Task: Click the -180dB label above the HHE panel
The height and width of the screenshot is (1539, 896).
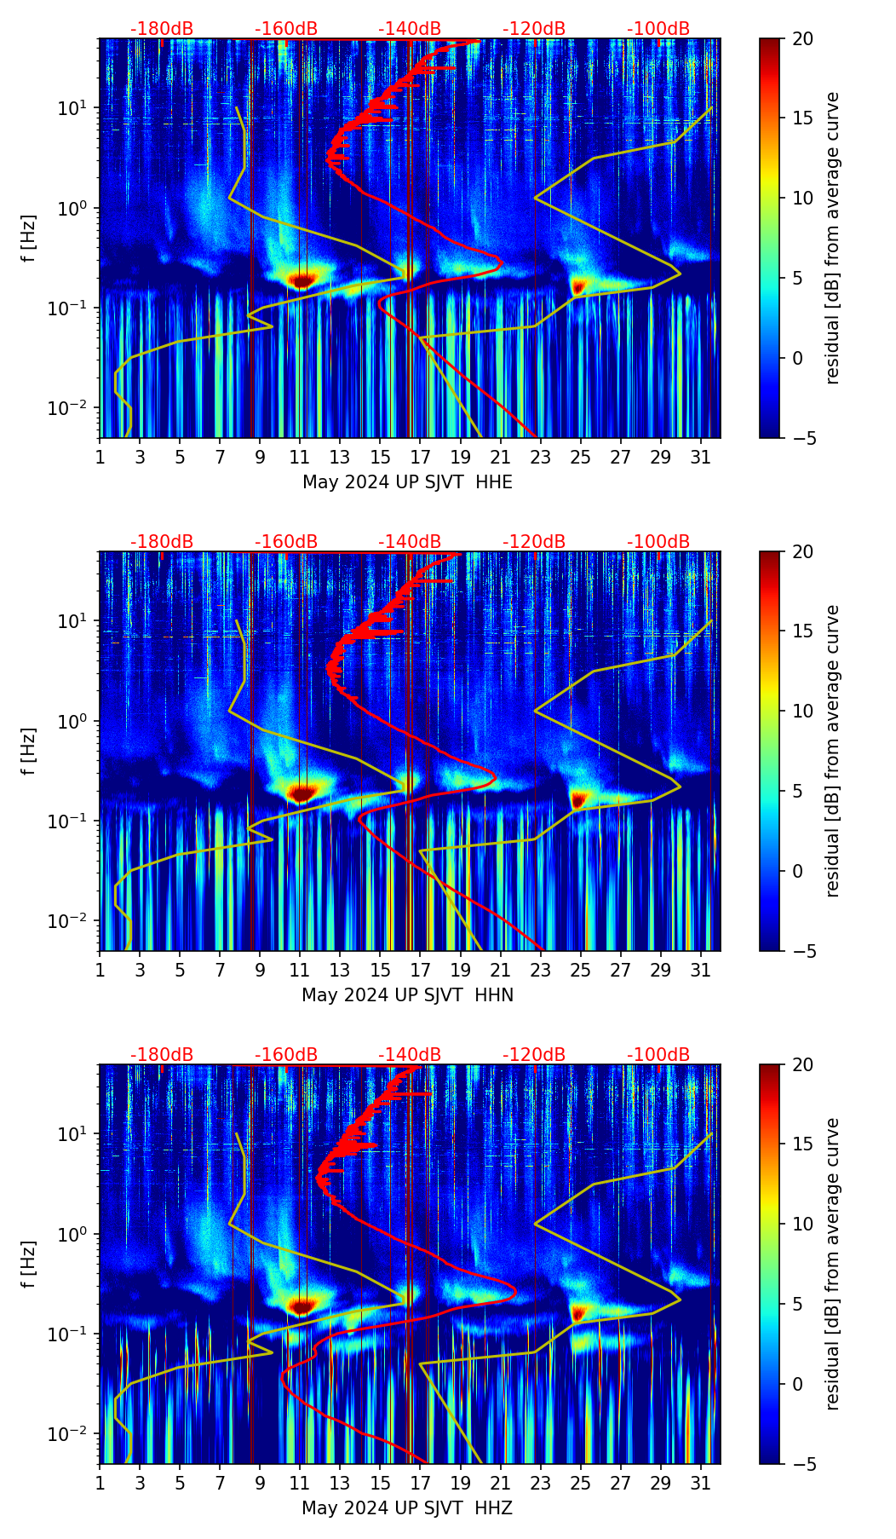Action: [162, 29]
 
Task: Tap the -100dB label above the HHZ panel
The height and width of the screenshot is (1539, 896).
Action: [658, 1055]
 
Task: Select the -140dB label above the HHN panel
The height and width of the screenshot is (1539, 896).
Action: [410, 542]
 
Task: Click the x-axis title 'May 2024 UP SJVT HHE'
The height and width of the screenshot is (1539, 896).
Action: [407, 482]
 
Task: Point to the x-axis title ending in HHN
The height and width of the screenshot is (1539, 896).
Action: [407, 995]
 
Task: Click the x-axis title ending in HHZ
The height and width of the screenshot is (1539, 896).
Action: [407, 1508]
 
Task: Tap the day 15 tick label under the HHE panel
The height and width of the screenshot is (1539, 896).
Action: [381, 457]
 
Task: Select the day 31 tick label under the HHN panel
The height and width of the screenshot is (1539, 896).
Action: [700, 970]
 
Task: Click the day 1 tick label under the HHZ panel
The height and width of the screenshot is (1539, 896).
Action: [101, 1483]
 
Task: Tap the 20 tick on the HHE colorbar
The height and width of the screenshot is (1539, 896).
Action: [802, 39]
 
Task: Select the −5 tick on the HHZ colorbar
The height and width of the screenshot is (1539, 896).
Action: [802, 1464]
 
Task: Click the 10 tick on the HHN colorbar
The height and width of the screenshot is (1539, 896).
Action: [802, 711]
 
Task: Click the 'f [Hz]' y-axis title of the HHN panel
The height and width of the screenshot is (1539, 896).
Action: [29, 751]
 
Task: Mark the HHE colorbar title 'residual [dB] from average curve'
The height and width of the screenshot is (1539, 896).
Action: [832, 238]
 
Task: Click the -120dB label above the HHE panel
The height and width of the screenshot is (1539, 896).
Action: [534, 29]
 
